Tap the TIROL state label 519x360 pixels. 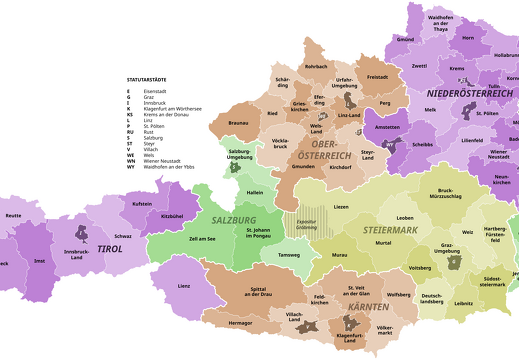pos(109,248)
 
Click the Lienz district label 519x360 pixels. pos(183,286)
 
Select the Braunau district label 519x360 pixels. pos(238,122)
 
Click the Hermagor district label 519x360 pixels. pos(241,323)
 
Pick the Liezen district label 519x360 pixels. pos(342,206)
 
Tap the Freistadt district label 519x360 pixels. pos(377,76)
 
